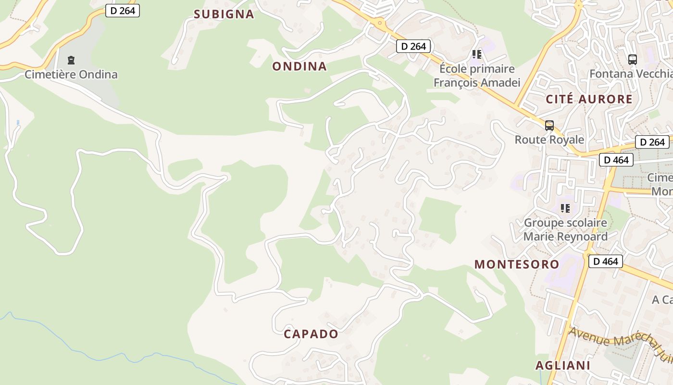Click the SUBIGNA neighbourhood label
[224, 14]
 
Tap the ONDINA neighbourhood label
[299, 66]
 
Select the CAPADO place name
[311, 334]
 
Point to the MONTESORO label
[517, 264]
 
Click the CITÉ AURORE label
[589, 100]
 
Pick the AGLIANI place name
[563, 365]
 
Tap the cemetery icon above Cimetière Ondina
[71, 60]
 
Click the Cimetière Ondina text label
[71, 75]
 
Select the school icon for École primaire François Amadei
[476, 54]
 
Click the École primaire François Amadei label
[477, 76]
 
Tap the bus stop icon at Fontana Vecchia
[633, 60]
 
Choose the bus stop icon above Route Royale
[549, 126]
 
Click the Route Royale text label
[549, 140]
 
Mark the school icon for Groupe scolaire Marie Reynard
[565, 208]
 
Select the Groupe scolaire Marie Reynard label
[565, 230]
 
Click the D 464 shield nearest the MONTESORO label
[606, 261]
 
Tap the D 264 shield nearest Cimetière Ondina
[123, 11]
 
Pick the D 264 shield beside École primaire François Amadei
[413, 46]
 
